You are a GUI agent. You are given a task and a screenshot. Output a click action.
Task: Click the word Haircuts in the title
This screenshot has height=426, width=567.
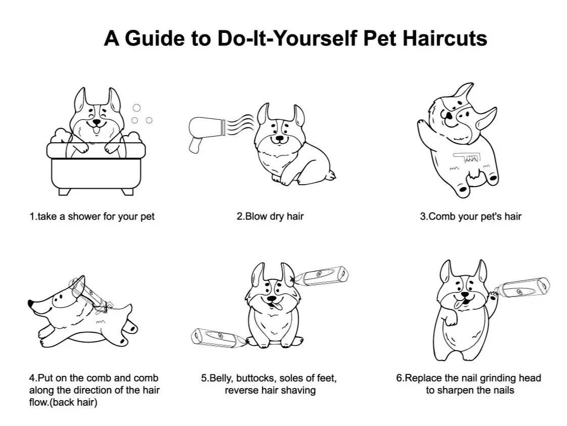[445, 38]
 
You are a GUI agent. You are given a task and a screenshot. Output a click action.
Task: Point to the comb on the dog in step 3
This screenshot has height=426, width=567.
[467, 157]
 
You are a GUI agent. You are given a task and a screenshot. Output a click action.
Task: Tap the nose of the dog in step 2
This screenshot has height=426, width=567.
[279, 138]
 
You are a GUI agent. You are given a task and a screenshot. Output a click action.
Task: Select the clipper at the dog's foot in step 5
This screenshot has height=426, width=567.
[218, 337]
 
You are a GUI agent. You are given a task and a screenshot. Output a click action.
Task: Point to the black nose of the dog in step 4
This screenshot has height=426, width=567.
[31, 303]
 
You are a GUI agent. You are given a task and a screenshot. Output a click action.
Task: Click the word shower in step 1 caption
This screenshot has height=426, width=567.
[84, 217]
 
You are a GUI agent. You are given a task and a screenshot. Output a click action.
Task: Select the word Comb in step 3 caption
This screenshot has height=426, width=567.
[442, 217]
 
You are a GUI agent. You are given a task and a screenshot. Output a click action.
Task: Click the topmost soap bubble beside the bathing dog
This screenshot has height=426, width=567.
[136, 107]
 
